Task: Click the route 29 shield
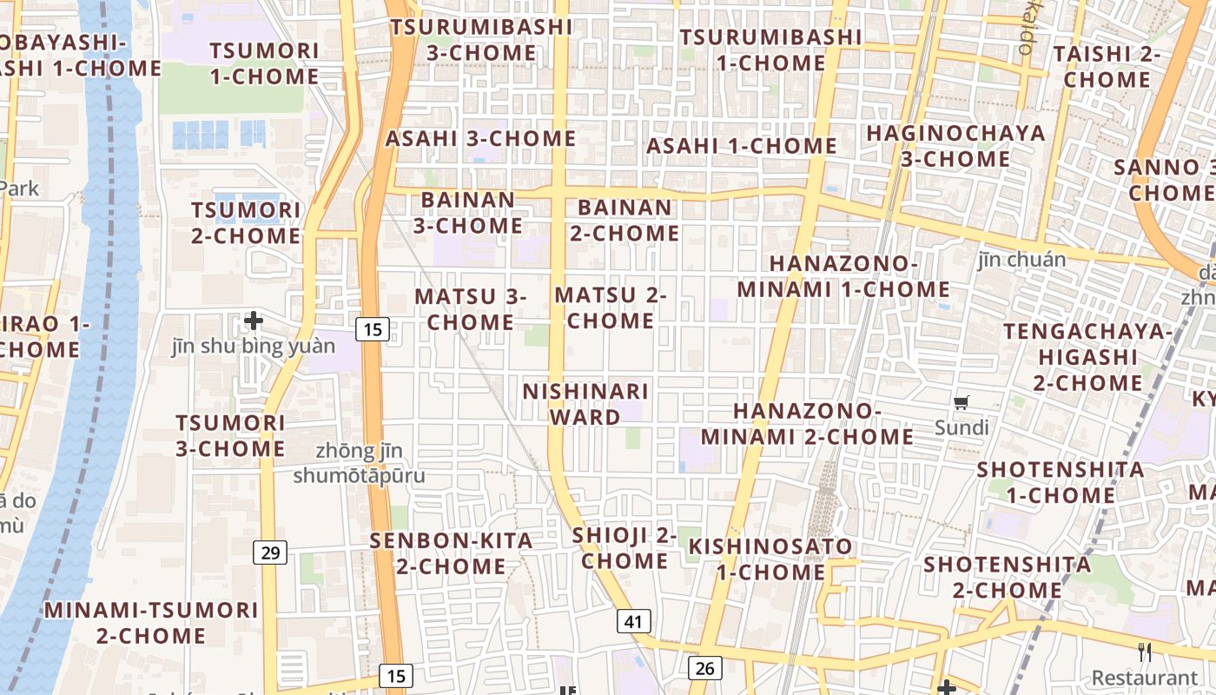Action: pos(270,552)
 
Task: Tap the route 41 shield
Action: pos(634,621)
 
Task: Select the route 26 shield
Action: pos(704,667)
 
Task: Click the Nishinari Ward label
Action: pos(585,404)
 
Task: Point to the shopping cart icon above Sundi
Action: pos(962,402)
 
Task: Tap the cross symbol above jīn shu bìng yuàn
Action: pos(254,321)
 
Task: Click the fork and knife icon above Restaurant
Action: pos(1145,652)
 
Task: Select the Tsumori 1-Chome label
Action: pos(264,63)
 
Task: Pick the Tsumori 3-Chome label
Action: pos(230,436)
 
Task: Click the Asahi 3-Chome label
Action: pos(480,139)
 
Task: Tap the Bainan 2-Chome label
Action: pos(625,221)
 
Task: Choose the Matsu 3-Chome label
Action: pos(471,309)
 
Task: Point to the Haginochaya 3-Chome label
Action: pos(955,146)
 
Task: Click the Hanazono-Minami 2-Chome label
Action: pos(807,424)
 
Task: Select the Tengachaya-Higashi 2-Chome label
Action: pos(1087,357)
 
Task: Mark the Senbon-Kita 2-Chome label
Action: pos(451,553)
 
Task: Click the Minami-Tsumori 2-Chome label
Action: pos(151,623)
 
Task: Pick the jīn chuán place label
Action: pos(1021,260)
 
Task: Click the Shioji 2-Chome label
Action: pos(625,548)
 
